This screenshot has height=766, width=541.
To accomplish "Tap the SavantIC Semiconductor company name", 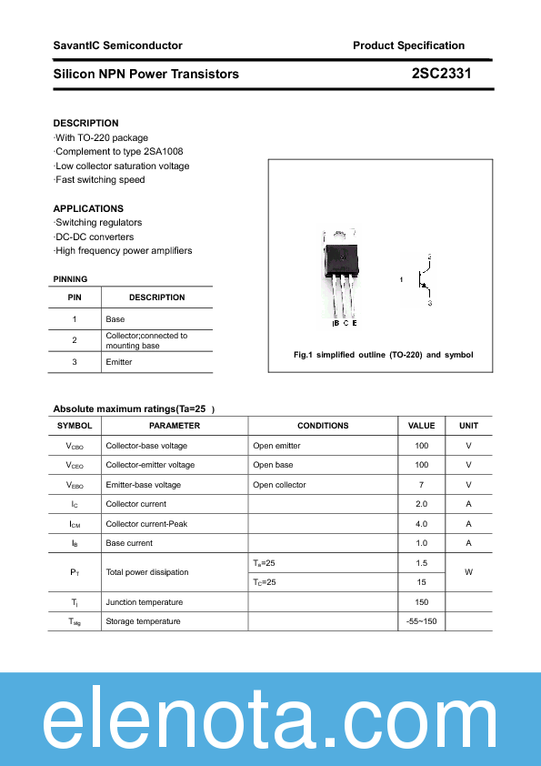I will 117,45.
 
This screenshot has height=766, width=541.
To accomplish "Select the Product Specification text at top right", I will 408,45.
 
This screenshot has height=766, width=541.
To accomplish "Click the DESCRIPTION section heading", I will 85,123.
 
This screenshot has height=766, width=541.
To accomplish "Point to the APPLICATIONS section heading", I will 88,208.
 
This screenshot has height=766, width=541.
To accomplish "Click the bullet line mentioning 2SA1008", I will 125,151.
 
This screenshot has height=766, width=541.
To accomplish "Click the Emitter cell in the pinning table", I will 119,362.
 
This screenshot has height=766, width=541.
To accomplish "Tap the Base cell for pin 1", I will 115,319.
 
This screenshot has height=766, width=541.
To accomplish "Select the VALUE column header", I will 421,426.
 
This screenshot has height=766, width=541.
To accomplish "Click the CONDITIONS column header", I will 323,426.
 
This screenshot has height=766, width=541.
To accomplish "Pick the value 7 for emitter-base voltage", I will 421,485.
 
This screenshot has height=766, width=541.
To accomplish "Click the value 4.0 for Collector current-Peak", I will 421,524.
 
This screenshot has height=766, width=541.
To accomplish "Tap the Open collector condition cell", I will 279,485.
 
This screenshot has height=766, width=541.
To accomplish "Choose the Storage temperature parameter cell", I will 143,621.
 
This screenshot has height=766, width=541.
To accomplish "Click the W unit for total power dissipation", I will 468,572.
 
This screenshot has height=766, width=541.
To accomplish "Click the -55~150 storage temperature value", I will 421,621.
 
